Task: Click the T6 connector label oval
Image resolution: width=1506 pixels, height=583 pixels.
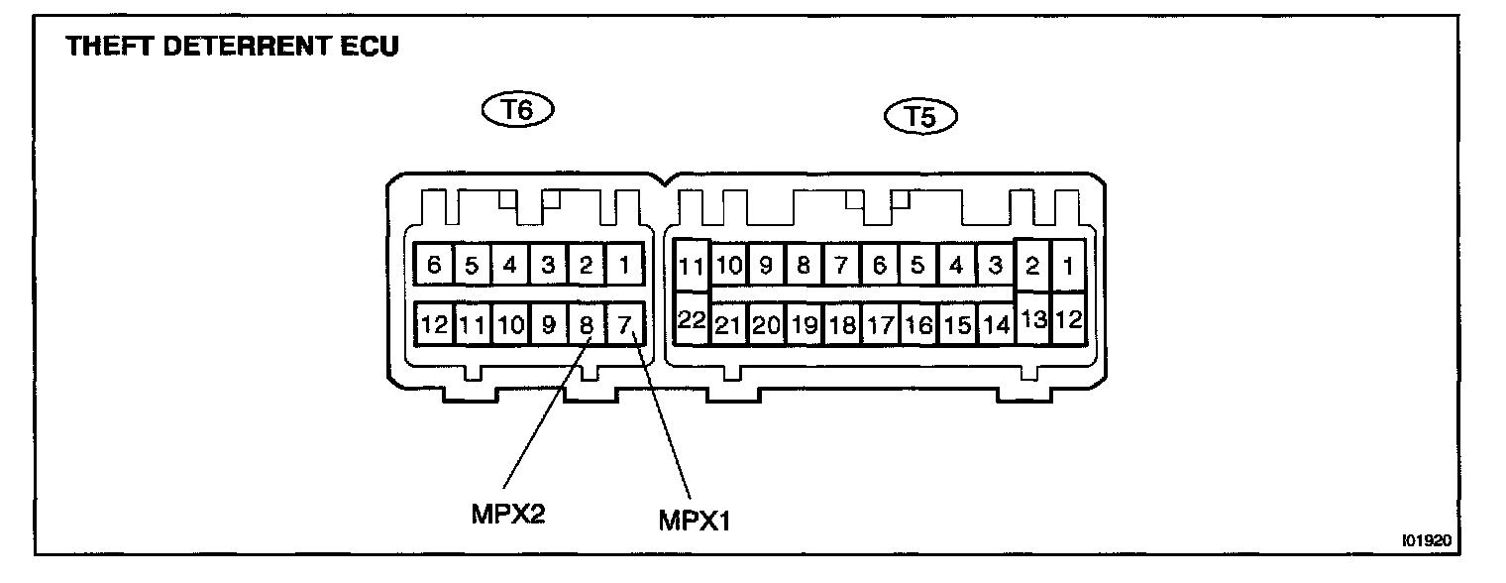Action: [516, 109]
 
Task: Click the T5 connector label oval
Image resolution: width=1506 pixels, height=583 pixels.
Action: [920, 117]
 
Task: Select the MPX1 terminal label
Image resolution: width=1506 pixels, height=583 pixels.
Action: [694, 519]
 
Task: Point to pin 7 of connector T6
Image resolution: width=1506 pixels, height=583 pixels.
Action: [624, 323]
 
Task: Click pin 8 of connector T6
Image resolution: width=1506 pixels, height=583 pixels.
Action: [587, 323]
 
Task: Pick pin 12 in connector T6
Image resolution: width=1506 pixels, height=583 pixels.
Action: [434, 323]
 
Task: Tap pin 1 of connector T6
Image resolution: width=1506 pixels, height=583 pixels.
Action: [624, 265]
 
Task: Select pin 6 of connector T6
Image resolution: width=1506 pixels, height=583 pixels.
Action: [434, 265]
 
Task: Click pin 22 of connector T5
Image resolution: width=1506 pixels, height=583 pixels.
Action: [692, 318]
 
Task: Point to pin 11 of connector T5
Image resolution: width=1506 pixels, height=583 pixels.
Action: [692, 265]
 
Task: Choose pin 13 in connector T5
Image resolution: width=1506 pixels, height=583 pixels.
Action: [1032, 318]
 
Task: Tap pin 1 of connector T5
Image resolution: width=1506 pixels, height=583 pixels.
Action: [1068, 265]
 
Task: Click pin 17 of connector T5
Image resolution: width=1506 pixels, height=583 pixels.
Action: [880, 325]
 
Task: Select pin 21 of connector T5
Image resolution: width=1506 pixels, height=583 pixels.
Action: [729, 325]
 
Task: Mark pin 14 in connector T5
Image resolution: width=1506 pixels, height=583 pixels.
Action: [995, 325]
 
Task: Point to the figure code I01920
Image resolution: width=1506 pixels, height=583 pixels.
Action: [1426, 541]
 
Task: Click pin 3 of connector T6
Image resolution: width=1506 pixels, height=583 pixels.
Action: [548, 265]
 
